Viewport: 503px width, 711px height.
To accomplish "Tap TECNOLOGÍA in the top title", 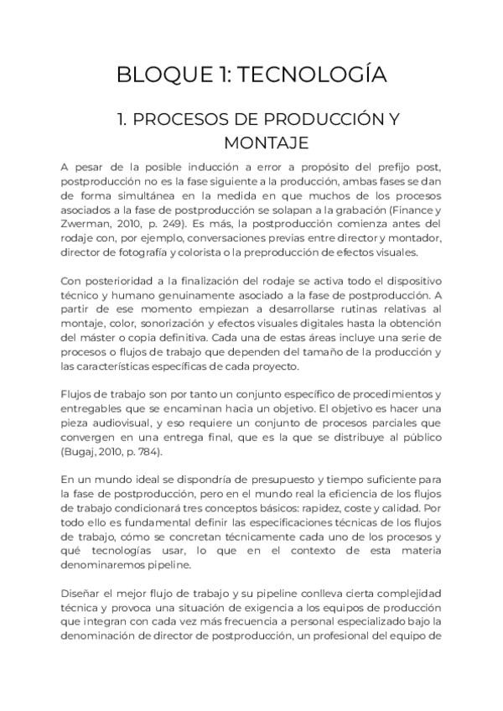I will click(x=312, y=75).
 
